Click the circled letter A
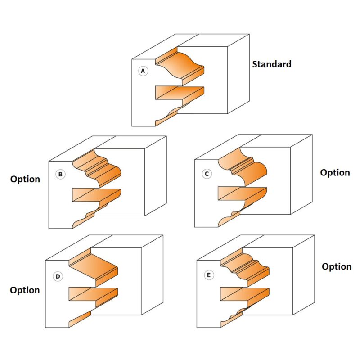pyautogui.click(x=143, y=71)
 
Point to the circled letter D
pyautogui.click(x=58, y=276)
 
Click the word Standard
pyautogui.click(x=271, y=64)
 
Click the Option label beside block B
pyautogui.click(x=25, y=179)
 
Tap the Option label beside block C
pyautogui.click(x=335, y=173)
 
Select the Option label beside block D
pyautogui.click(x=25, y=290)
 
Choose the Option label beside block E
pyautogui.click(x=337, y=266)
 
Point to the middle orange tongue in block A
pyautogui.click(x=178, y=92)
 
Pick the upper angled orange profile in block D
pyautogui.click(x=94, y=268)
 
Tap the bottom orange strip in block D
pyautogui.click(x=80, y=318)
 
